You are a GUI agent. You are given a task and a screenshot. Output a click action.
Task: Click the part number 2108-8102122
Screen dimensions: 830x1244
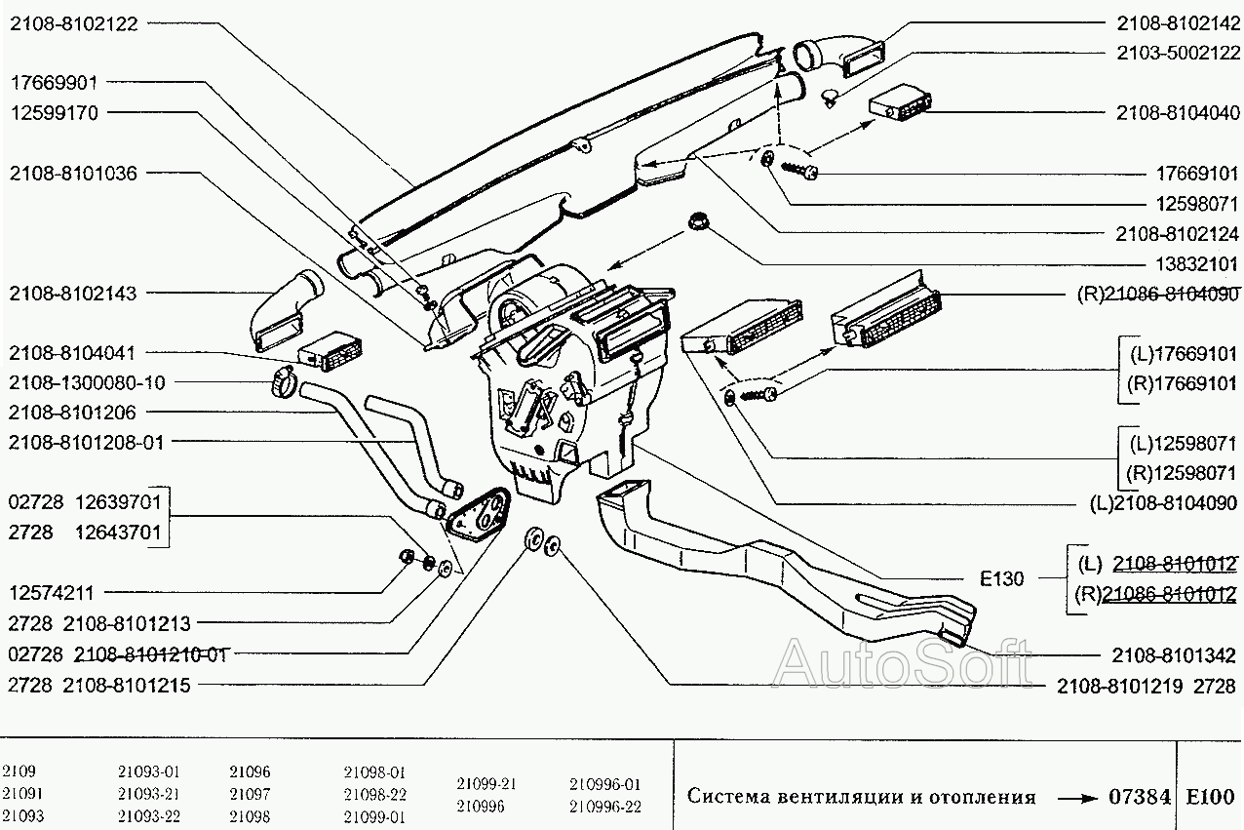pyautogui.click(x=73, y=24)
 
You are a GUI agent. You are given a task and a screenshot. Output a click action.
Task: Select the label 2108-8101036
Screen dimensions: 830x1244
pyautogui.click(x=73, y=174)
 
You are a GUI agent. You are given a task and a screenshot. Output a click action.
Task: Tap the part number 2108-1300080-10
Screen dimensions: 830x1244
pyautogui.click(x=87, y=382)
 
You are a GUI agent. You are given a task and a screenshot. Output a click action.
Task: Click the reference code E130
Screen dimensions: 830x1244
pyautogui.click(x=1002, y=579)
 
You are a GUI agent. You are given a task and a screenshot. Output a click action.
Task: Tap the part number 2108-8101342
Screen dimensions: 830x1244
pyautogui.click(x=1174, y=655)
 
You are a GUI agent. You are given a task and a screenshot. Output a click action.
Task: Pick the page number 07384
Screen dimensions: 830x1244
pyautogui.click(x=1140, y=797)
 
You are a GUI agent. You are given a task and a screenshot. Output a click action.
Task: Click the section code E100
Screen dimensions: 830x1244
pyautogui.click(x=1211, y=797)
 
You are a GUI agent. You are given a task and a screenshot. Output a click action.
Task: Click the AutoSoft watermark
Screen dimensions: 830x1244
pyautogui.click(x=902, y=663)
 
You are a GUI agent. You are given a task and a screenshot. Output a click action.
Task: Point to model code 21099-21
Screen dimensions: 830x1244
pyautogui.click(x=486, y=783)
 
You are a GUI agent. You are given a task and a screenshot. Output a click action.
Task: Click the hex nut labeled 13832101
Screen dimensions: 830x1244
pyautogui.click(x=699, y=221)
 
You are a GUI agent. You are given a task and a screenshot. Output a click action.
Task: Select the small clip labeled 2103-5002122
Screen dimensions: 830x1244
pyautogui.click(x=831, y=96)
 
